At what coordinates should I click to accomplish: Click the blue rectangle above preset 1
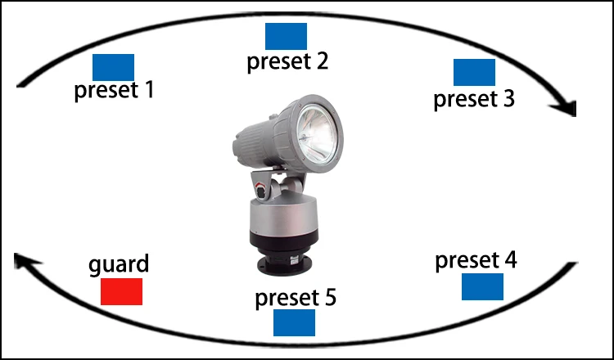113,66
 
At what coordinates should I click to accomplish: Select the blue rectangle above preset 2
286,36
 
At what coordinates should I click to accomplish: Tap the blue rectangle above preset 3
474,72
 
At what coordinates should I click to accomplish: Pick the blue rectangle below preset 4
482,286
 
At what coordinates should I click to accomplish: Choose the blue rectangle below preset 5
294,322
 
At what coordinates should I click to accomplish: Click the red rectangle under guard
121,291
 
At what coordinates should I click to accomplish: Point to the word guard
119,265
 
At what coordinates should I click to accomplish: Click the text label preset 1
114,89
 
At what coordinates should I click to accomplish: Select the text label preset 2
288,61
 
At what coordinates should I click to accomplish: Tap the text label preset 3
474,99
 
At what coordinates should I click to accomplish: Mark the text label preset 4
476,261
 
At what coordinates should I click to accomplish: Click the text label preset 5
295,297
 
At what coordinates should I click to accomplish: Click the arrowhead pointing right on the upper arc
567,108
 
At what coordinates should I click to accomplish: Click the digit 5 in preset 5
328,296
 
